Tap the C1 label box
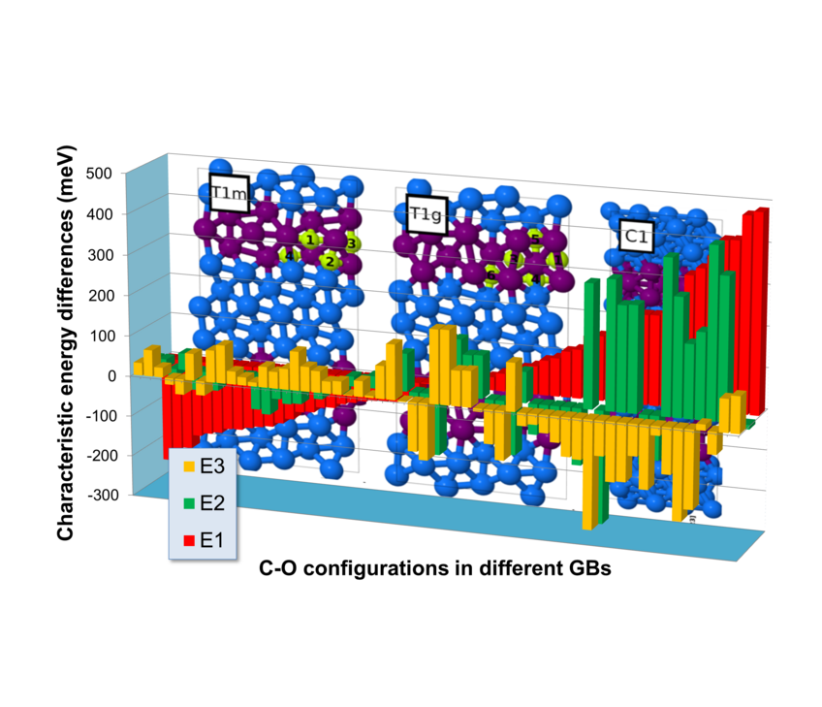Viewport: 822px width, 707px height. pos(636,235)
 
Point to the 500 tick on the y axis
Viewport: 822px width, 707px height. pos(126,174)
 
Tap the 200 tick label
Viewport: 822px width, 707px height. pos(126,295)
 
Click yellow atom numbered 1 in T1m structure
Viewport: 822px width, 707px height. pos(309,240)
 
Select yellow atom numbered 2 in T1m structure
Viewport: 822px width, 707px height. pos(330,260)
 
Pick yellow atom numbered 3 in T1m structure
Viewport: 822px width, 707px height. pos(351,243)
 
